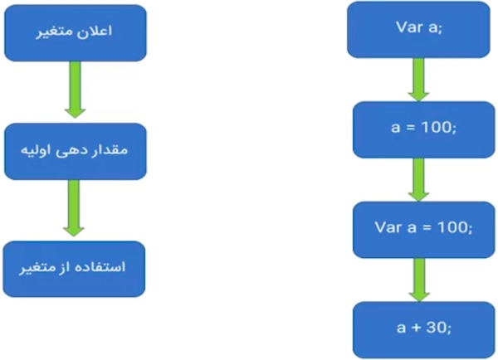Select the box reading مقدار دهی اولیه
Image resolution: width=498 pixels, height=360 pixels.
coord(75,152)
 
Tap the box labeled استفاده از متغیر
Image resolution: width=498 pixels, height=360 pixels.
coord(75,269)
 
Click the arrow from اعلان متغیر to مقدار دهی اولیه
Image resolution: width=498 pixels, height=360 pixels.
coord(75,90)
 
